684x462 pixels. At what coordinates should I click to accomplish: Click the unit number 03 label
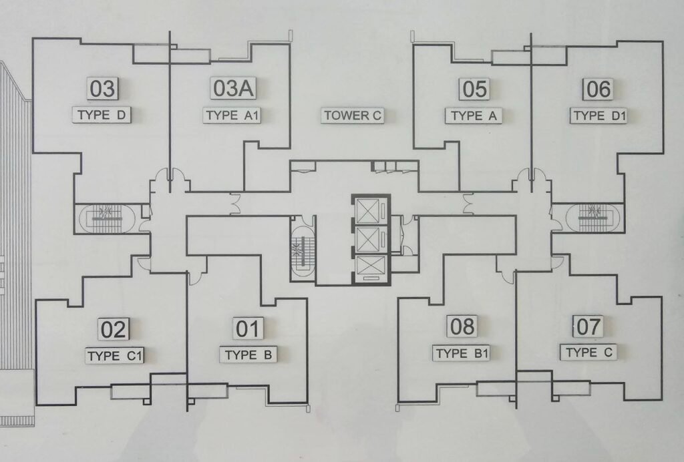pyautogui.click(x=102, y=88)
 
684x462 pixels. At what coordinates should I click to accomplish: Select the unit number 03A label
pyautogui.click(x=233, y=88)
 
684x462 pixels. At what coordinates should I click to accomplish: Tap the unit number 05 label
pyautogui.click(x=475, y=89)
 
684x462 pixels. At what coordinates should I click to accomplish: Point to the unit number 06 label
pyautogui.click(x=598, y=89)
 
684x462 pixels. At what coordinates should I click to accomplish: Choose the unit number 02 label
pyautogui.click(x=114, y=329)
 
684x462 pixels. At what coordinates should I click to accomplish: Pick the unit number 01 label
pyautogui.click(x=247, y=328)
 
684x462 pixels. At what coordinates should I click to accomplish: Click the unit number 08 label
pyautogui.click(x=462, y=326)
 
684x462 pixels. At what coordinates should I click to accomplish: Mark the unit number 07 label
pyautogui.click(x=588, y=326)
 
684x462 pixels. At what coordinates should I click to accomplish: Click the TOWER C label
pyautogui.click(x=353, y=115)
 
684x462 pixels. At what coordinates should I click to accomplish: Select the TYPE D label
pyautogui.click(x=102, y=115)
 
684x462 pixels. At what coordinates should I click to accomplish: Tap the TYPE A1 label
pyautogui.click(x=232, y=115)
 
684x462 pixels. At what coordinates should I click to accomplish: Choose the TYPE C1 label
pyautogui.click(x=114, y=356)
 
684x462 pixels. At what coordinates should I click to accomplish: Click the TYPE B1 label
pyautogui.click(x=462, y=353)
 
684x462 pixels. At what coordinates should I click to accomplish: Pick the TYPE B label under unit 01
pyautogui.click(x=248, y=355)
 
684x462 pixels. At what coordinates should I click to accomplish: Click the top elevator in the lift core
pyautogui.click(x=369, y=210)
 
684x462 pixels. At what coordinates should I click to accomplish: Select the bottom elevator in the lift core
pyautogui.click(x=370, y=267)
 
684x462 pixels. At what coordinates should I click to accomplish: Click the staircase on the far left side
pyautogui.click(x=106, y=218)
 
